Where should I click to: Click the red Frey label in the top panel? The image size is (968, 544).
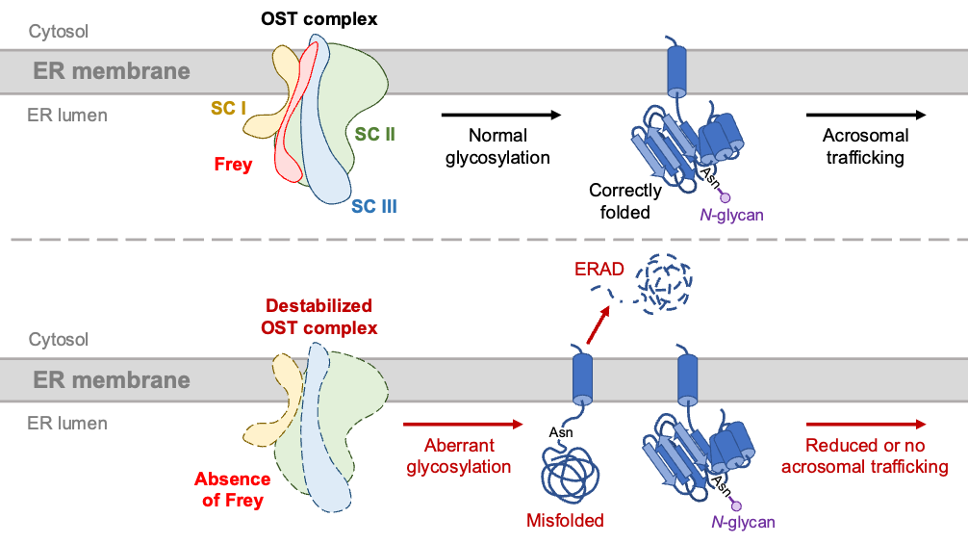coord(233,164)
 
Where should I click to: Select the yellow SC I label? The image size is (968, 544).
coord(229,109)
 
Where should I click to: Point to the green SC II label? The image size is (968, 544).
coord(374,135)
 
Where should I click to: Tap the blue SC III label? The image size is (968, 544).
coord(373,206)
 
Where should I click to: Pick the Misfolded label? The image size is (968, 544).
coord(565,521)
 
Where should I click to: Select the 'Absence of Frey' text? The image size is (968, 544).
coord(232,489)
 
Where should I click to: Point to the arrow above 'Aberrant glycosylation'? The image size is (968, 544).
coord(463,424)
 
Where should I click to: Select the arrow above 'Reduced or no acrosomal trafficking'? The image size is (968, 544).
coord(866,424)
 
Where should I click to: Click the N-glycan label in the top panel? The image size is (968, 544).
coord(731,215)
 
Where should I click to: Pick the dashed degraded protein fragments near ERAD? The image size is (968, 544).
coord(664,282)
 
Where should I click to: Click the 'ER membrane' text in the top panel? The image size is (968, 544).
coord(112,71)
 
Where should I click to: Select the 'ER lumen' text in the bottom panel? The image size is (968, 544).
coord(66,423)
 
